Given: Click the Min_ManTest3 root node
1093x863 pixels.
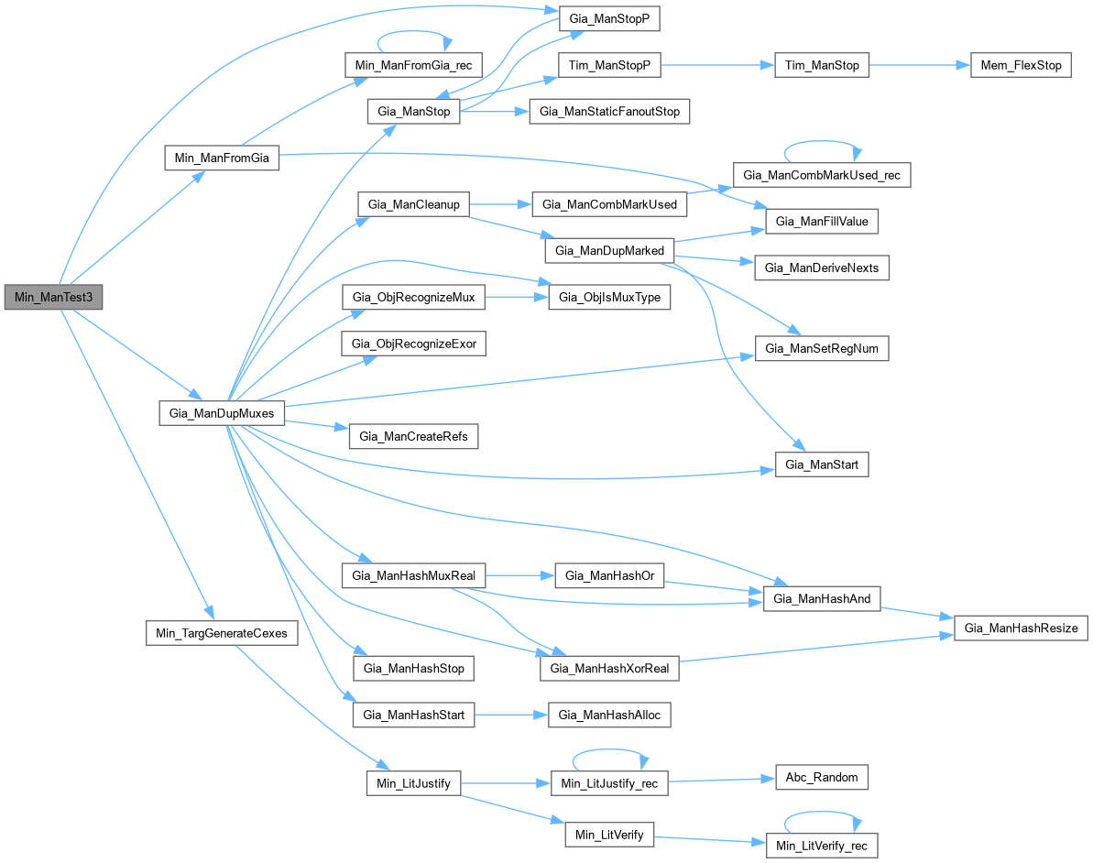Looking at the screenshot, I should tap(53, 298).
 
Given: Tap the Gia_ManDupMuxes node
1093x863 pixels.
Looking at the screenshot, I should tap(222, 413).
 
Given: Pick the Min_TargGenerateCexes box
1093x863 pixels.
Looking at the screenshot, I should tap(222, 633).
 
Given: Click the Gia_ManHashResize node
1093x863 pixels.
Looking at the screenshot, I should tap(1021, 628).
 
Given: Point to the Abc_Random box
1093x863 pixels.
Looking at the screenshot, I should tap(821, 777).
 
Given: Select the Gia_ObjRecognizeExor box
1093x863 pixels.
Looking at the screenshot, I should tap(413, 344).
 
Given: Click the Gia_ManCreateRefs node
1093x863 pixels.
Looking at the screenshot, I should tap(413, 436).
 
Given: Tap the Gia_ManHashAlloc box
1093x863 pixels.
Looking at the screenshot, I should tap(608, 716).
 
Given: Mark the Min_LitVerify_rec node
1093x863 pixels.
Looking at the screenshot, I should tap(821, 846).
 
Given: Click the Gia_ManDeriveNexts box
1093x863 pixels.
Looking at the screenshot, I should tap(821, 268).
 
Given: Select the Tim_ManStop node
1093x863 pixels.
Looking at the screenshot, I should tap(821, 66).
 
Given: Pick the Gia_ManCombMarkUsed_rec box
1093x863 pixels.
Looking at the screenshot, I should tap(821, 174).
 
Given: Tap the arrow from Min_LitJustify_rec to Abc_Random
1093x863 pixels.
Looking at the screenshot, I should tap(719, 780).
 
